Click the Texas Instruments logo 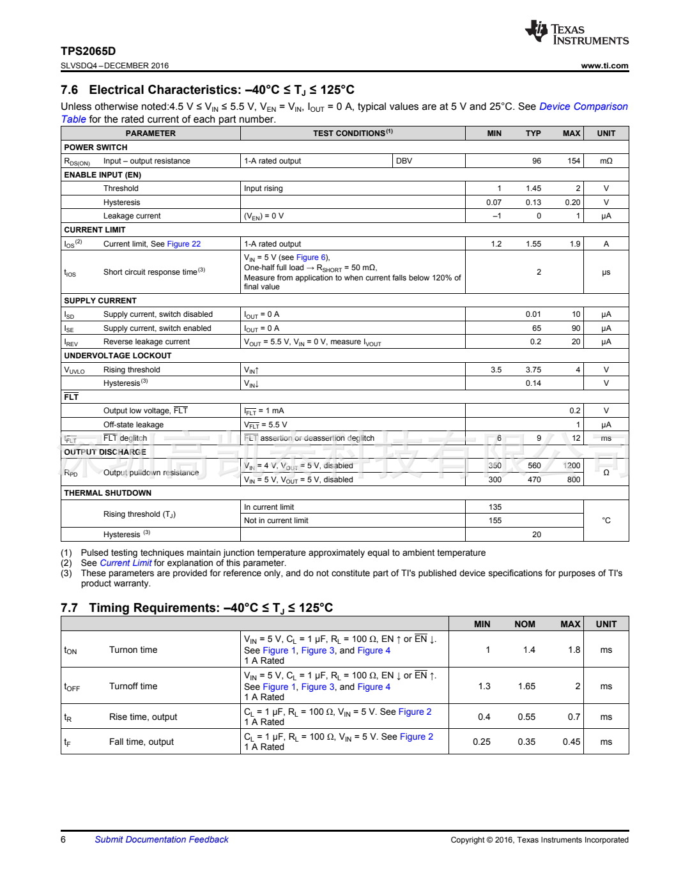pos(576,32)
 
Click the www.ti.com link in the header pos(604,66)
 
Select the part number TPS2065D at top pos(88,51)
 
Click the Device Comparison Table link pos(583,107)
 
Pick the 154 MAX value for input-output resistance pos(574,161)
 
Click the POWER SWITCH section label pos(96,148)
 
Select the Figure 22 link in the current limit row pos(183,244)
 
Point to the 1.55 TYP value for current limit pos(533,244)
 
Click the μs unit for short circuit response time pos(606,272)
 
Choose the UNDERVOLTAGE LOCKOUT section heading pos(118,356)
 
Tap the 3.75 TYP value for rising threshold pos(533,370)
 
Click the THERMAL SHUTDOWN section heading pos(108,493)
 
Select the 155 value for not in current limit pos(495,521)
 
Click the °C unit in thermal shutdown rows pos(606,521)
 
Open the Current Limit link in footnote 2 pos(126,563)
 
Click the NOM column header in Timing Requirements pos(525,624)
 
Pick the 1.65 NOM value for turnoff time pos(526,687)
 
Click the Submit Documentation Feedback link pos(162,840)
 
